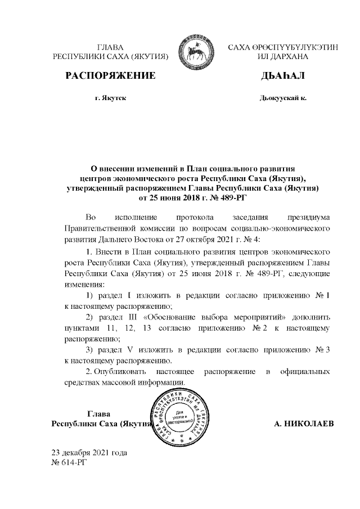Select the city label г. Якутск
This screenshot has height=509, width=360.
point(110,98)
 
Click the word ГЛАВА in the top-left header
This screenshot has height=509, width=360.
point(110,47)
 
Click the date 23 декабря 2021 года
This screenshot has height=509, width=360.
point(89,452)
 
